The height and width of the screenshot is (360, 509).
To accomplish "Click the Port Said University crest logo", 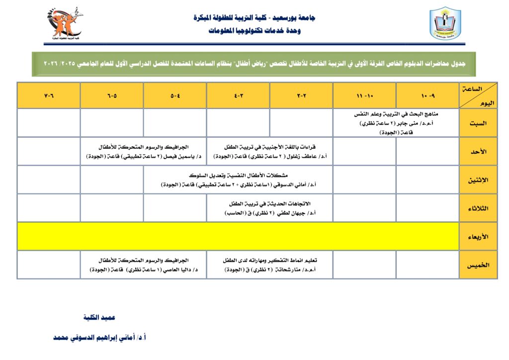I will [x=445, y=24].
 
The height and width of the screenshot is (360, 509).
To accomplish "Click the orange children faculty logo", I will [x=64, y=23].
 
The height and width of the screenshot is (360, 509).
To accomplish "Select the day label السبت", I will [x=478, y=123].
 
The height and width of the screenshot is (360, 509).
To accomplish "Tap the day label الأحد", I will [x=478, y=151].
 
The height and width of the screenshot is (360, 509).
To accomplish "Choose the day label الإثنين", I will [x=478, y=180].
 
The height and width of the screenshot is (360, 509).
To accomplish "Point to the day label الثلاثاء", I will [x=478, y=208].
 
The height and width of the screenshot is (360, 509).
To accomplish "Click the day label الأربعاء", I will [x=478, y=237].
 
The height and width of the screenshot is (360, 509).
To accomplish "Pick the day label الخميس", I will [x=478, y=265].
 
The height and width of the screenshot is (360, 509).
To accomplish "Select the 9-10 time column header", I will [x=427, y=95].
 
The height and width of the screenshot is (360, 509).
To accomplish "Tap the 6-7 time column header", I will [x=49, y=95].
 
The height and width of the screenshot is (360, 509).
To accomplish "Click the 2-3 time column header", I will [x=301, y=95].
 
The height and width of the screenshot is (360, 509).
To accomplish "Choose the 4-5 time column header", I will [x=175, y=95].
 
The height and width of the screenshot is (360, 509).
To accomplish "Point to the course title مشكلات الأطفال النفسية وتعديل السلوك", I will [x=239, y=176].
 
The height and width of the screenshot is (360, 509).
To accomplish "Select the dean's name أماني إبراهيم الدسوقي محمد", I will [x=99, y=337].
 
